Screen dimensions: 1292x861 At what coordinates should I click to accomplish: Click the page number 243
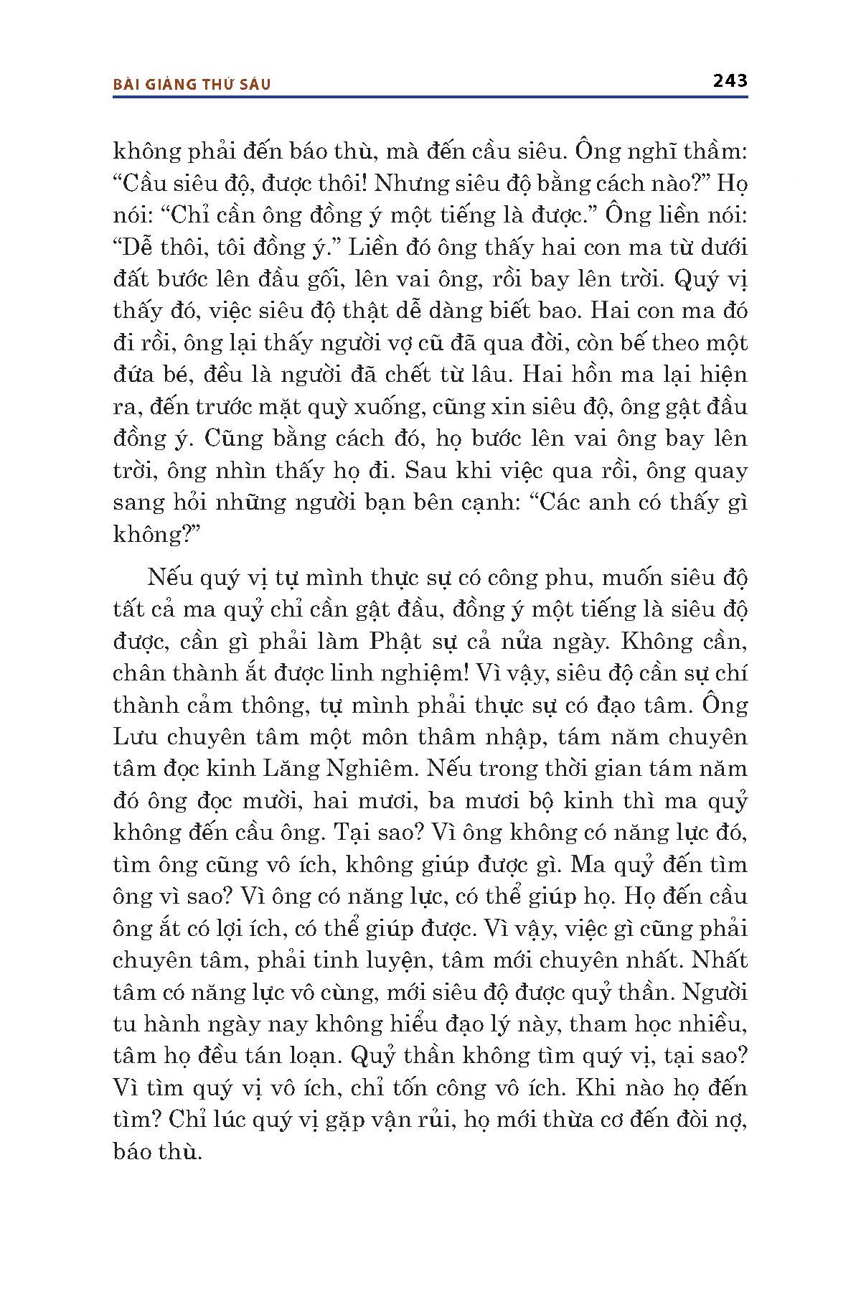730,80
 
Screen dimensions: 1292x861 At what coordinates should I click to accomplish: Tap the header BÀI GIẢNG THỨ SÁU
192,84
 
